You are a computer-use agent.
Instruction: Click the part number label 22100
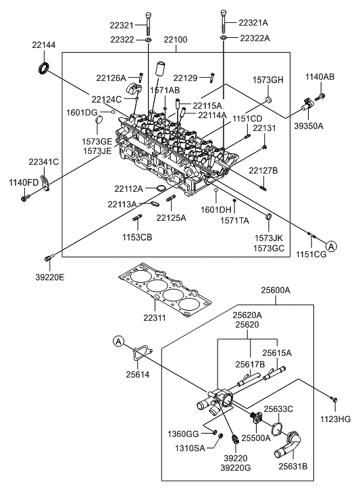pos(176,40)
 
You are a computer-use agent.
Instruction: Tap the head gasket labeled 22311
pos(165,290)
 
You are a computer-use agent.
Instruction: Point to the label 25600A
pos(276,290)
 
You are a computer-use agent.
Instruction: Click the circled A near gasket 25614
pos(118,341)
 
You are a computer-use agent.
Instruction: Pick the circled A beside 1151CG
pos(332,246)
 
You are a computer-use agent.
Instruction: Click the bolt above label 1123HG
pos(334,399)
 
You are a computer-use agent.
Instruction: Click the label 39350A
pos(309,126)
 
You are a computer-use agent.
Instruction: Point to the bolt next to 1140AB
pos(320,97)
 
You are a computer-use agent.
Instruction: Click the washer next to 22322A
pos(224,38)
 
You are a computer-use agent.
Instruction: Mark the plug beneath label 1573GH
pos(268,100)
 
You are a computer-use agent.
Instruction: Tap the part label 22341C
pos(43,162)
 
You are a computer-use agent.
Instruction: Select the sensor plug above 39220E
pos(49,258)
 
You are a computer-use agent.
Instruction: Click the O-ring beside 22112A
pos(161,188)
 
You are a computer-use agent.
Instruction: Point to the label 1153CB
pos(137,237)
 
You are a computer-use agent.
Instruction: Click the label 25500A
pos(256,438)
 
